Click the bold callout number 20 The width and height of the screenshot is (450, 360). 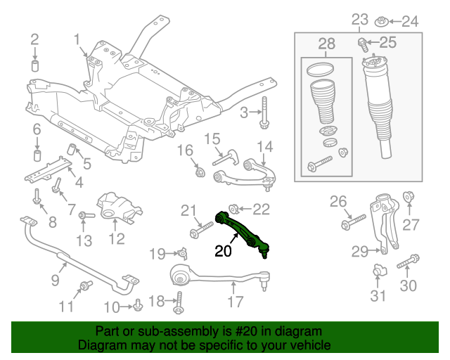click(x=223, y=251)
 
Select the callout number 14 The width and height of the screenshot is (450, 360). click(x=264, y=146)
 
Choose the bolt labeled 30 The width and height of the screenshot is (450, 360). click(x=408, y=265)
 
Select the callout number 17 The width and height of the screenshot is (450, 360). click(x=236, y=302)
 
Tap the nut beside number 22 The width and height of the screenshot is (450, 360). click(x=236, y=208)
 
